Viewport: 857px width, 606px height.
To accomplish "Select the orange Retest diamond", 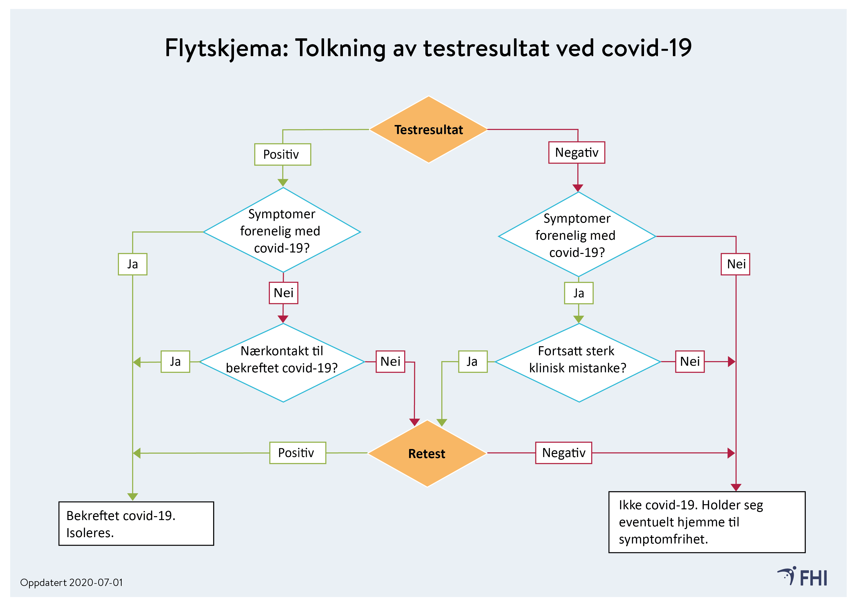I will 427,453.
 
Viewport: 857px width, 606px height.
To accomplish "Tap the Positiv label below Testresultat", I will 283,155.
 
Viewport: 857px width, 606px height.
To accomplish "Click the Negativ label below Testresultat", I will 576,152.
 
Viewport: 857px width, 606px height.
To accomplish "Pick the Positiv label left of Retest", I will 297,453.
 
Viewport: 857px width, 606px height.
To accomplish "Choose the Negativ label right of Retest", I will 564,453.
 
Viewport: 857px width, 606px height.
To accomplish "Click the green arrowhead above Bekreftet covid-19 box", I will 133,497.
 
